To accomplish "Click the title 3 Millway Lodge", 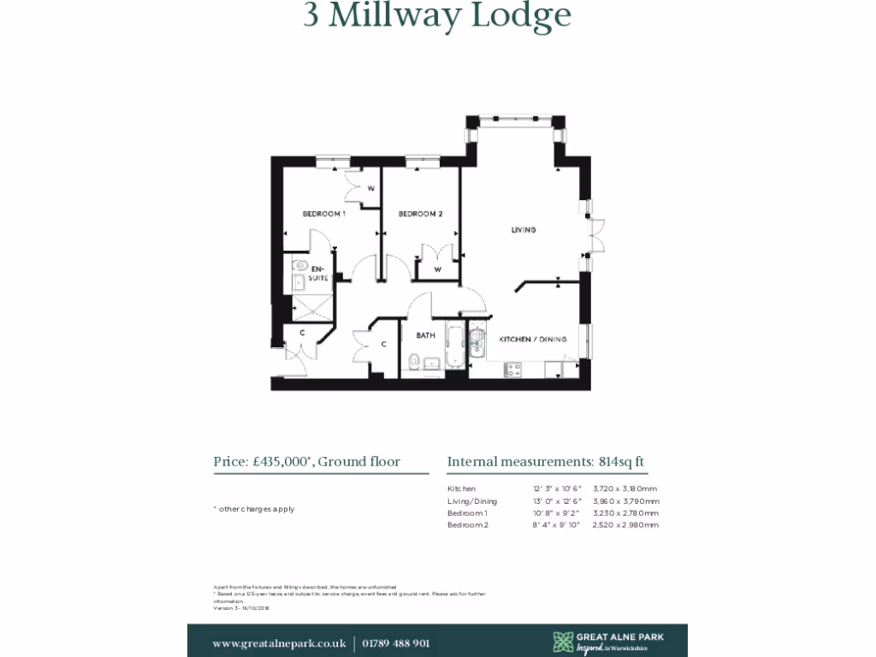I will pyautogui.click(x=437, y=15).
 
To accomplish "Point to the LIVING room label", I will pyautogui.click(x=524, y=230).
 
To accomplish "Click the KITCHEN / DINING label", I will pyautogui.click(x=533, y=340).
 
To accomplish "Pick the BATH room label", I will pyautogui.click(x=425, y=335).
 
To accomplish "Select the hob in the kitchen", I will pyautogui.click(x=515, y=369).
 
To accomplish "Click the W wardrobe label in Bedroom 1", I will pyautogui.click(x=371, y=188).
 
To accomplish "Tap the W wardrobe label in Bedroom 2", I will pyautogui.click(x=437, y=270).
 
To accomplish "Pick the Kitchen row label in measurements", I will pyautogui.click(x=460, y=488).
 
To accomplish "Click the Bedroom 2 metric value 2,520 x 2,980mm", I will pyautogui.click(x=625, y=524).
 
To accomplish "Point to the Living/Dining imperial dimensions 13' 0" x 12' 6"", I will pyautogui.click(x=557, y=500).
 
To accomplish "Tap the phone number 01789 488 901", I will pyautogui.click(x=396, y=643).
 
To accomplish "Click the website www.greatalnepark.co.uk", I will pyautogui.click(x=279, y=643).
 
